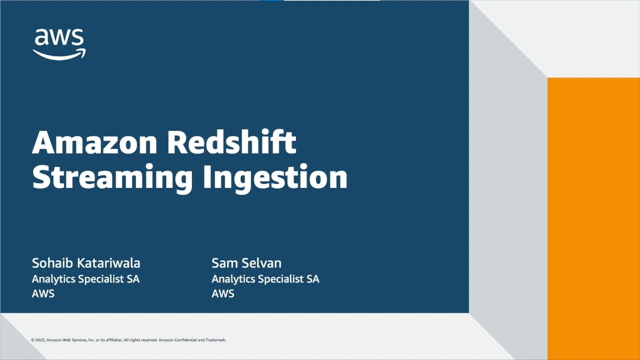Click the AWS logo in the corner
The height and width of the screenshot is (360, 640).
59,44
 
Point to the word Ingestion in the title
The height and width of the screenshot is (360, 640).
274,177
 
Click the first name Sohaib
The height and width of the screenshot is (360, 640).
49,263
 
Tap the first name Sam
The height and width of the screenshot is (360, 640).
224,263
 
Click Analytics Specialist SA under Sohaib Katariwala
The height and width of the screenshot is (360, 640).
85,279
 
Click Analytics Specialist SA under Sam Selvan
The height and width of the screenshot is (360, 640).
265,279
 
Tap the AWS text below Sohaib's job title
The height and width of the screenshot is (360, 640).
43,293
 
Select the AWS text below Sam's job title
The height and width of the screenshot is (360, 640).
222,293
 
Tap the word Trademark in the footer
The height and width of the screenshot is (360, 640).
215,340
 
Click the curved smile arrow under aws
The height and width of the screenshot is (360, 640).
59,54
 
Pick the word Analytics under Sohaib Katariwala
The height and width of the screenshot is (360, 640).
52,279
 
